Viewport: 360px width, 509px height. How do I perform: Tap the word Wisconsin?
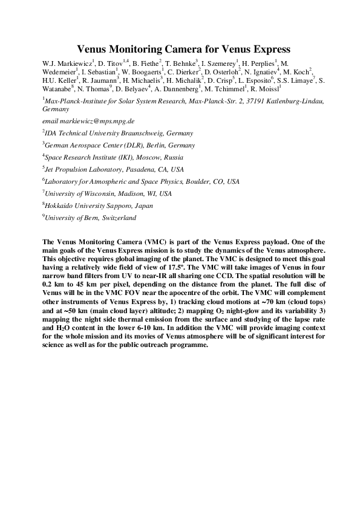(x=93, y=193)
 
